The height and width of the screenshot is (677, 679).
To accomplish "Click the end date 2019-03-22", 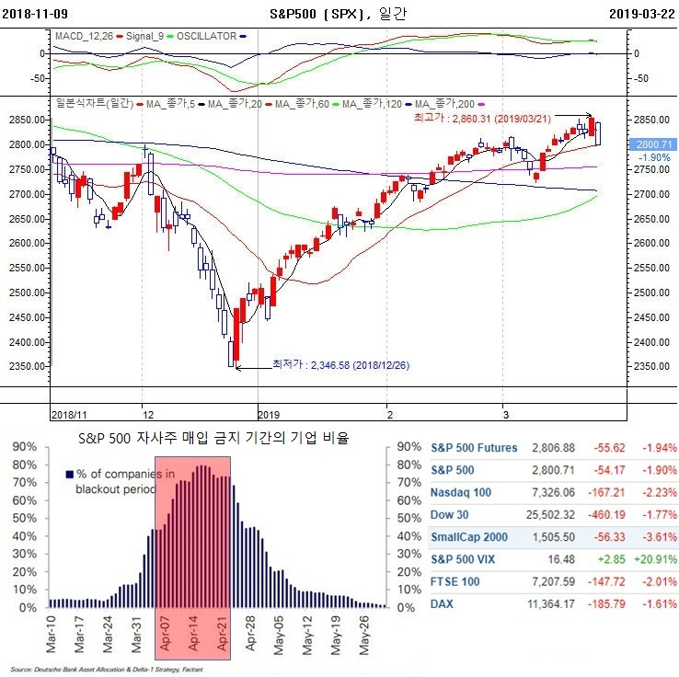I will tap(641, 14).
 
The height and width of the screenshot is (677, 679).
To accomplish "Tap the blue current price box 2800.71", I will tap(654, 144).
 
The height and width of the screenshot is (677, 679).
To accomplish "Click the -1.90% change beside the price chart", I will tap(654, 157).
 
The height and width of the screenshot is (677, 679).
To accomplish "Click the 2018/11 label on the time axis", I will tap(69, 415).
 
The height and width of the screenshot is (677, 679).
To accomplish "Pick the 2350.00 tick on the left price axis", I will tap(24, 366).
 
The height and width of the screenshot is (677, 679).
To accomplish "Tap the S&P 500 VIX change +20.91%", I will tap(653, 558).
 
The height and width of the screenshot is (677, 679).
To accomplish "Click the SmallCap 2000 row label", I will tap(468, 536).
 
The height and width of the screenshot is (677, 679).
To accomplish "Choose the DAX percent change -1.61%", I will tap(655, 602).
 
